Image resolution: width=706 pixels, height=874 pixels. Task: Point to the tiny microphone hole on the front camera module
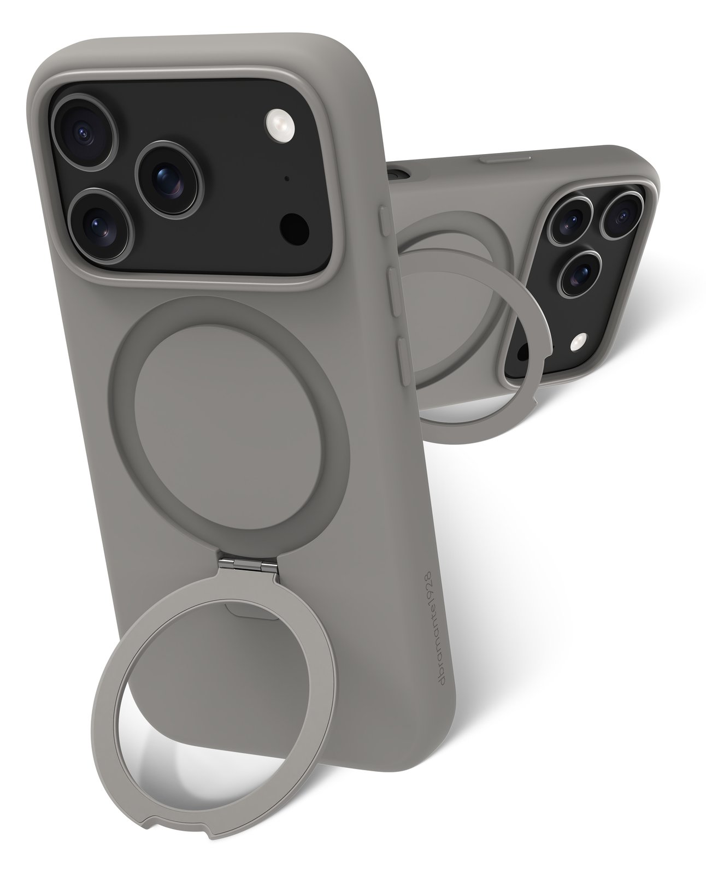286,179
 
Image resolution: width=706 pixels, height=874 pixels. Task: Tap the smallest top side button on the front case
385,225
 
